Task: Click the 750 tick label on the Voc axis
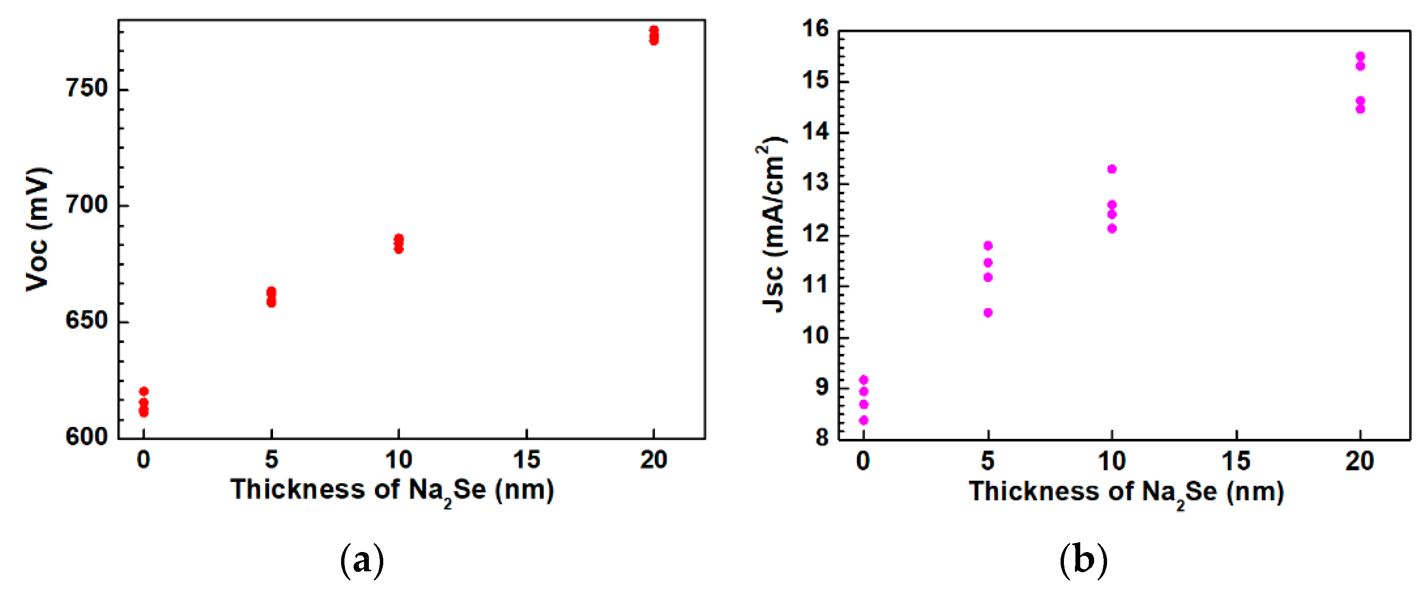[x=87, y=88]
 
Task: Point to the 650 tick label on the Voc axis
[x=87, y=321]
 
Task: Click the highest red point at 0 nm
[x=144, y=391]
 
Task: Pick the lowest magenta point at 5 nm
[x=988, y=313]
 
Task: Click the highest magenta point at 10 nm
[x=1112, y=169]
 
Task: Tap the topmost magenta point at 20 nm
[x=1360, y=57]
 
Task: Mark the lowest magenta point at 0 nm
[x=864, y=421]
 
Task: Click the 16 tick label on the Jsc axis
[x=816, y=29]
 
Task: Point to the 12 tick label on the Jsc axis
[x=816, y=234]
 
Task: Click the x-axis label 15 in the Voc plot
[x=526, y=460]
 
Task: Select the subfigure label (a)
[x=362, y=561]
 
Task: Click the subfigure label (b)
[x=1083, y=561]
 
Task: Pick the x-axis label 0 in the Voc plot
[x=144, y=460]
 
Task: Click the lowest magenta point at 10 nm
[x=1112, y=229]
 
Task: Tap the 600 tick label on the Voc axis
[x=87, y=437]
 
